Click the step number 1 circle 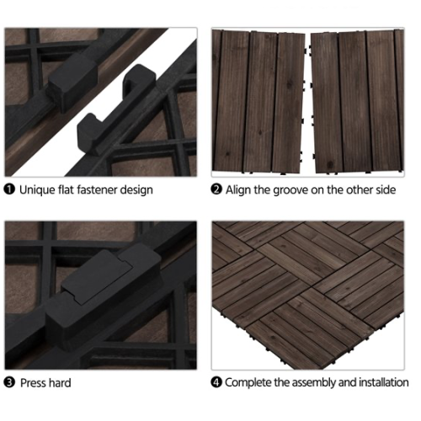point(9,189)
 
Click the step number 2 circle point(216,189)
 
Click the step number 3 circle point(9,382)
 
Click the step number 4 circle point(216,382)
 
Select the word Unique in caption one point(38,189)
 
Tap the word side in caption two point(384,189)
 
